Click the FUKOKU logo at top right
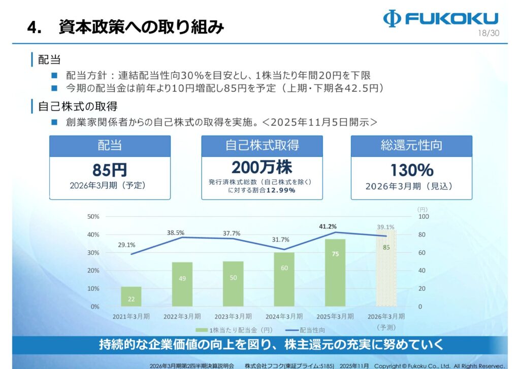pos(440,19)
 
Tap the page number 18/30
pos(488,33)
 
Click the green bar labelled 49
pos(182,284)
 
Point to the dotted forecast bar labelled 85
pos(386,269)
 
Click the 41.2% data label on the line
pos(328,226)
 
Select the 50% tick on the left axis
pos(93,217)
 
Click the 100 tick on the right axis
pos(424,217)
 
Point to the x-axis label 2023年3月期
pos(233,316)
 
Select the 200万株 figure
pos(262,167)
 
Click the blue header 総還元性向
pos(411,146)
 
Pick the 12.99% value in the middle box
pos(281,190)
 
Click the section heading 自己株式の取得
pos(78,107)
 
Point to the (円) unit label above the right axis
pos(422,209)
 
